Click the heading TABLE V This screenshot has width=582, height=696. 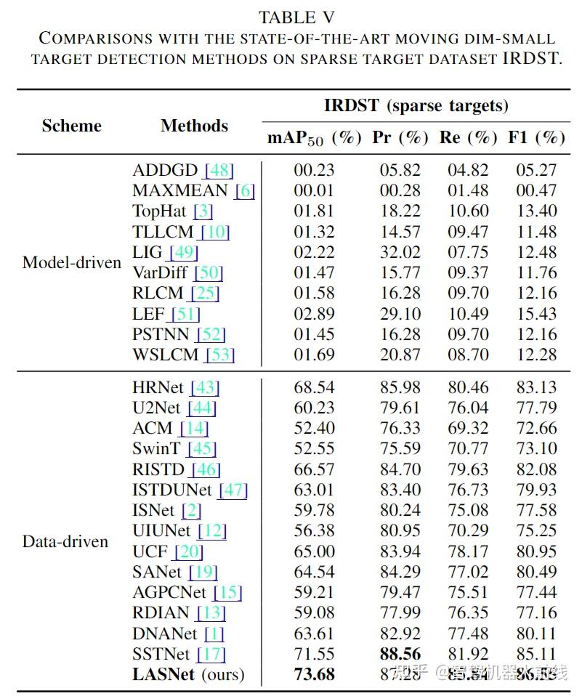(x=296, y=17)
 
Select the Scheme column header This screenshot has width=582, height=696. (x=71, y=126)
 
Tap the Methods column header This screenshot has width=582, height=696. (x=194, y=126)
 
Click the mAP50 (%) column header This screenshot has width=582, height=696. (x=314, y=137)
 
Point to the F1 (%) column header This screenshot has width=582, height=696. (x=536, y=137)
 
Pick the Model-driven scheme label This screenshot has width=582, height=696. (x=71, y=262)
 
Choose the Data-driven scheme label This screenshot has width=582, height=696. (x=65, y=541)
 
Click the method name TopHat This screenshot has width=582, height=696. (x=160, y=211)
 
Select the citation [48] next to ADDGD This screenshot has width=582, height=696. (x=219, y=170)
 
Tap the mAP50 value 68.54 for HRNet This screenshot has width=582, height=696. (x=314, y=387)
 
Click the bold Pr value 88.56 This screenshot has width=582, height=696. (x=400, y=654)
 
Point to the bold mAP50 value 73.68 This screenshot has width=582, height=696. (x=314, y=674)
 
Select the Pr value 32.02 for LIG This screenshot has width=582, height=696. (x=400, y=252)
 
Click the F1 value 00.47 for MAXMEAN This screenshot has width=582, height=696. (x=536, y=190)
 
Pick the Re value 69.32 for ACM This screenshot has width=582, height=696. (x=468, y=428)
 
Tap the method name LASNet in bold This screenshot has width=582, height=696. (x=163, y=674)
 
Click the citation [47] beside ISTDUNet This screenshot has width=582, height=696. (x=233, y=490)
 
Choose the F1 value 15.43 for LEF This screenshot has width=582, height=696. (x=536, y=314)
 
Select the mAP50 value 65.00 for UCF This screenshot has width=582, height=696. (x=314, y=551)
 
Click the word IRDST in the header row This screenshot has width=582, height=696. (x=352, y=106)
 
